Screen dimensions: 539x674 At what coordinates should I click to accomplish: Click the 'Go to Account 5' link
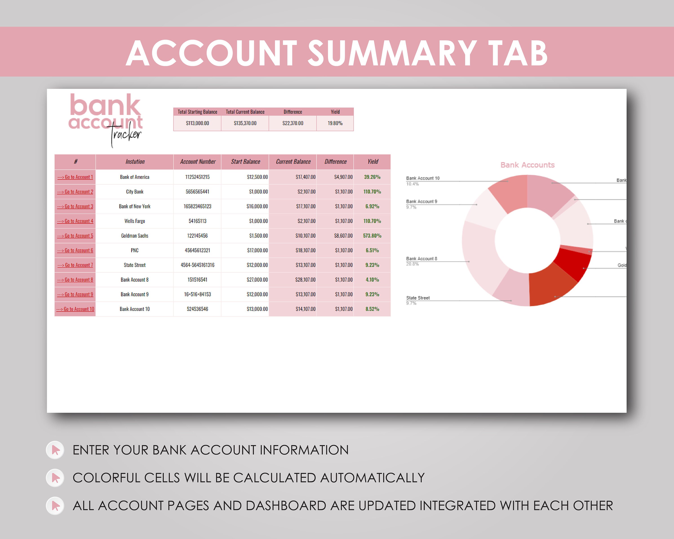[x=75, y=236]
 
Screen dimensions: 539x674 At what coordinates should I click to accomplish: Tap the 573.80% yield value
[x=372, y=236]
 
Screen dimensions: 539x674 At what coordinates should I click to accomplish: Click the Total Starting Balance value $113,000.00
[x=197, y=123]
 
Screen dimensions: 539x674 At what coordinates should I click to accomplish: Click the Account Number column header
[x=197, y=161]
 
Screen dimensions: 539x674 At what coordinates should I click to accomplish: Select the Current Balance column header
[x=293, y=161]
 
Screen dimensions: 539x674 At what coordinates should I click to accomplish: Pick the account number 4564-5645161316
[x=197, y=265]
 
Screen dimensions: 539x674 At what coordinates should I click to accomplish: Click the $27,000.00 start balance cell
[x=257, y=280]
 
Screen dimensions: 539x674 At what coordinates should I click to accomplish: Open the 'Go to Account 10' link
[x=75, y=309]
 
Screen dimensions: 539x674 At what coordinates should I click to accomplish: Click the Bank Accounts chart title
[x=527, y=165]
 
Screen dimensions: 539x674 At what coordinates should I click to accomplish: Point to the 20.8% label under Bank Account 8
[x=412, y=264]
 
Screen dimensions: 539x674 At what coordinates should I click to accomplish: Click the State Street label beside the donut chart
[x=418, y=298]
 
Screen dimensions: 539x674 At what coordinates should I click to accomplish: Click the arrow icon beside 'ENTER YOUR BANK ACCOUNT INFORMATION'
[x=55, y=450]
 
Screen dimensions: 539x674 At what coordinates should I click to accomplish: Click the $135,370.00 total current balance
[x=245, y=123]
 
